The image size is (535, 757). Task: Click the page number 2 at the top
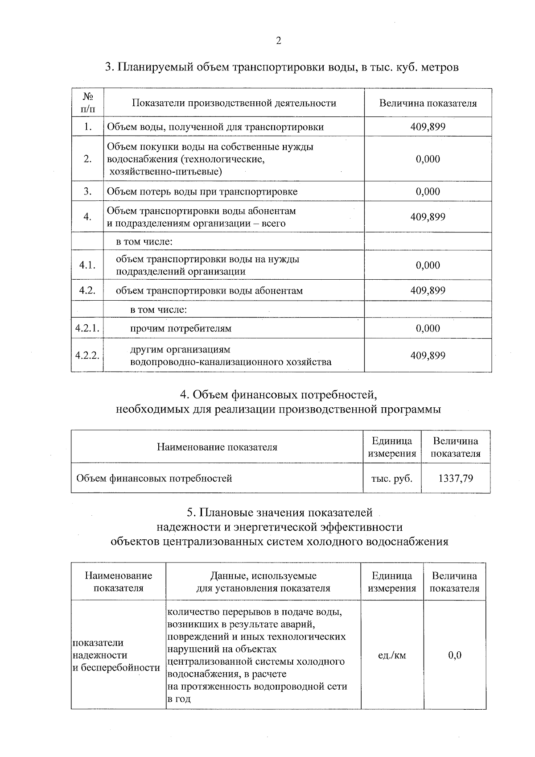coord(279,41)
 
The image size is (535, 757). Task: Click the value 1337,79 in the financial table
coord(455,479)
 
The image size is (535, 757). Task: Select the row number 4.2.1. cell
coord(87,328)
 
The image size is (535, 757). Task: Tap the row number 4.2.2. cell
coord(87,356)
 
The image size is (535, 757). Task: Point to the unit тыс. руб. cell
coord(391,479)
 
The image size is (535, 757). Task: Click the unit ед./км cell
coord(391,655)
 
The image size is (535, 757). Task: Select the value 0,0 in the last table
coord(454,655)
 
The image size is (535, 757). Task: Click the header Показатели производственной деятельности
coord(234,103)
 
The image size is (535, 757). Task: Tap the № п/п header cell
coord(87,103)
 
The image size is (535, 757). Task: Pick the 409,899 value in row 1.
coord(428,127)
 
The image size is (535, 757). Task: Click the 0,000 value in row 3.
coord(428,191)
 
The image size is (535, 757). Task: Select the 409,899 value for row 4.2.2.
coord(428,356)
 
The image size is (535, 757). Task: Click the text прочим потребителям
coord(181,329)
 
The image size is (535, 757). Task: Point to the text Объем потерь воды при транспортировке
coord(202,192)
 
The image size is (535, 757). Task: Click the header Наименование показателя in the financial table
coord(217,447)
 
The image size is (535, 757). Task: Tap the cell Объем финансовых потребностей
coord(154,479)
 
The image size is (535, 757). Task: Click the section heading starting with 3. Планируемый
coord(281,67)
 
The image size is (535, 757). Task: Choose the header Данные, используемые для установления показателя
coord(263,582)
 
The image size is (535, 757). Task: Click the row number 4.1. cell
coord(87,265)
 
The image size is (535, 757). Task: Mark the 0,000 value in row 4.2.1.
coord(428,328)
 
